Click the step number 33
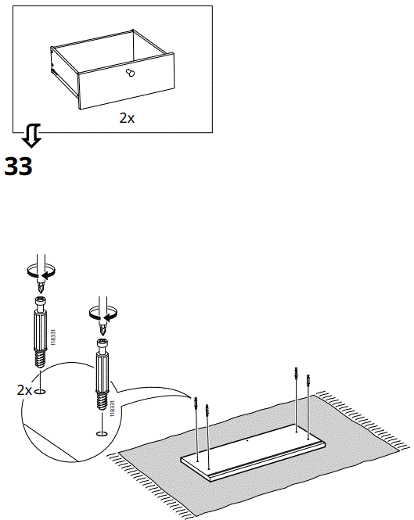pos(19,167)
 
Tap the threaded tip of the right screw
pos(101,400)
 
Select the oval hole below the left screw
pos(41,389)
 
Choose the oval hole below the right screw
pos(100,432)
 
